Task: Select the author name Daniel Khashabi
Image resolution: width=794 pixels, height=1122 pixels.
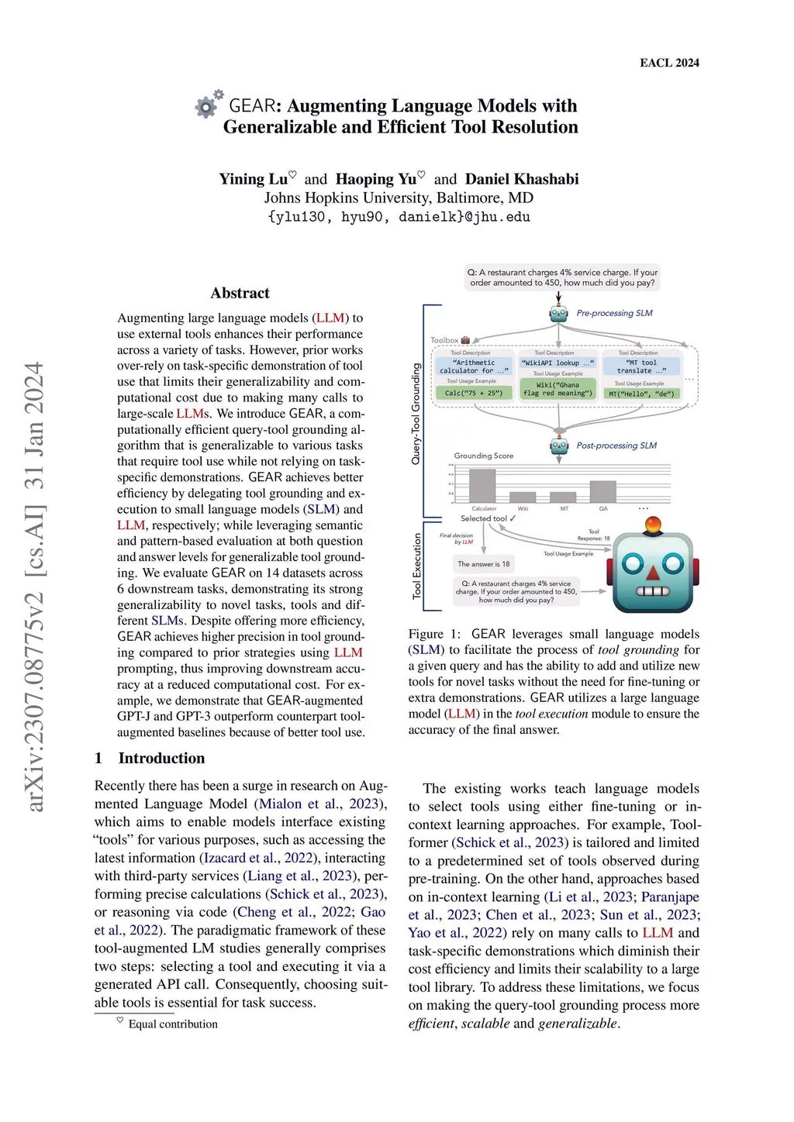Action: pos(522,179)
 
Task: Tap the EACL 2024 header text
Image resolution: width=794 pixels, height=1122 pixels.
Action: pos(669,63)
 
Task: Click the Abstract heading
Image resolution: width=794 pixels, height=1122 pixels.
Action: pos(240,293)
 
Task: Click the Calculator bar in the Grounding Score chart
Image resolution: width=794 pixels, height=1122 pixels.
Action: pos(482,486)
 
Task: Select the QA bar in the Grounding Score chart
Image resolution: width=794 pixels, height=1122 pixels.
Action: pos(602,491)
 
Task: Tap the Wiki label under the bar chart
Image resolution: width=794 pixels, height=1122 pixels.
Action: pos(523,509)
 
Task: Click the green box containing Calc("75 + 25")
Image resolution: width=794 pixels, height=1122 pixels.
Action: pos(473,393)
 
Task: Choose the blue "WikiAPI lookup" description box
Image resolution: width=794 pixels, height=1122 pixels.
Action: pos(558,363)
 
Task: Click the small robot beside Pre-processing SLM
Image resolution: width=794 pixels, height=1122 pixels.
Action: pos(559,313)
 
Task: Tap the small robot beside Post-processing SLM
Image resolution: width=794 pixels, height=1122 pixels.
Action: pos(559,446)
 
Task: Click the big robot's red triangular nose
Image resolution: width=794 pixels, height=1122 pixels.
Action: pos(652,573)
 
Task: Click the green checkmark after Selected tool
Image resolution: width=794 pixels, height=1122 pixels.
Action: pos(513,518)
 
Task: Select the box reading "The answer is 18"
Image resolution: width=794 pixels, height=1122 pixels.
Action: pos(483,564)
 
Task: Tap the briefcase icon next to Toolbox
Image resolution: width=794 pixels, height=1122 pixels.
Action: pos(465,340)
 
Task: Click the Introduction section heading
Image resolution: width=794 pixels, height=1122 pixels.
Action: pos(161,758)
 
